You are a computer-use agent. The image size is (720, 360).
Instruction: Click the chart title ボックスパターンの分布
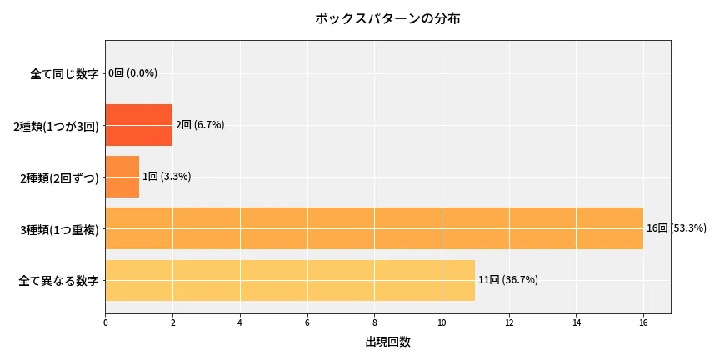387,18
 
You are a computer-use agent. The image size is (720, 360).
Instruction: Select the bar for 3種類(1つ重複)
374,228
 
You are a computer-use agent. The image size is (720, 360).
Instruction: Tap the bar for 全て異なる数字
290,280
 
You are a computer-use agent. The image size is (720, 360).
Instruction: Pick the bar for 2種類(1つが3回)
139,125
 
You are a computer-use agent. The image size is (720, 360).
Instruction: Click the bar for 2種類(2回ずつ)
122,177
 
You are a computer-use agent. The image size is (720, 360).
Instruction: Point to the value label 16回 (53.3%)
676,228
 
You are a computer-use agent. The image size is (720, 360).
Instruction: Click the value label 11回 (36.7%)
507,280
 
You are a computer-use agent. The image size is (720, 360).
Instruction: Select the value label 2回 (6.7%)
199,125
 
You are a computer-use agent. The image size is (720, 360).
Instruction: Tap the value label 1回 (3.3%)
166,177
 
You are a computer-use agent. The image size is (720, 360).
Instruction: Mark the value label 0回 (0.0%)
132,73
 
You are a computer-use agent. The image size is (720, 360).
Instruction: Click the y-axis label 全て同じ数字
64,74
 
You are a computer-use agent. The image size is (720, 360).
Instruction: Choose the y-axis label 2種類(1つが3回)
56,126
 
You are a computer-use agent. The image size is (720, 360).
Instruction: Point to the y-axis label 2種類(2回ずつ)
58,177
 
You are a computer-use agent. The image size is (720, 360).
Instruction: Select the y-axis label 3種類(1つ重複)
58,229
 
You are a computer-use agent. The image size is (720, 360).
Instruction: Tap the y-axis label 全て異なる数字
58,281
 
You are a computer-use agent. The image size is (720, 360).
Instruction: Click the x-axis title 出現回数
387,342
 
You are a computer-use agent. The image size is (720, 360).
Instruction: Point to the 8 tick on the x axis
374,322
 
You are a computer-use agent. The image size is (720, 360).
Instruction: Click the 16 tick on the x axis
643,322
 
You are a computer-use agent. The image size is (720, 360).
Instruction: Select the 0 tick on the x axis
106,322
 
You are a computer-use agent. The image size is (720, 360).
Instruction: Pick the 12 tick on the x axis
508,322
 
